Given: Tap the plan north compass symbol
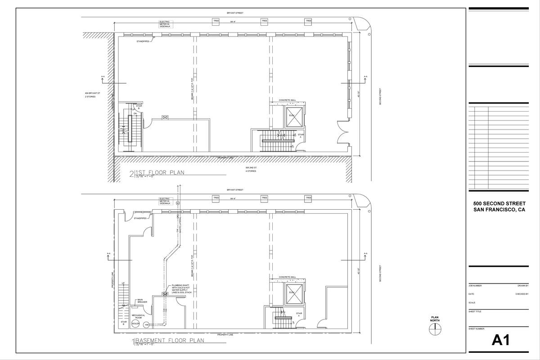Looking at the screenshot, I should point(435,330).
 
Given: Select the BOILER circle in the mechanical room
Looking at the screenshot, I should point(136,324).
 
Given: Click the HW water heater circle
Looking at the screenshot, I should point(147,324).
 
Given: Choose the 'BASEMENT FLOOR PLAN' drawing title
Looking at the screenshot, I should point(169,341).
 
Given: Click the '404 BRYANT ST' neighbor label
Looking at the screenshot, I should point(92,93).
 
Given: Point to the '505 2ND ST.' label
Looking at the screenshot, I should point(251,167).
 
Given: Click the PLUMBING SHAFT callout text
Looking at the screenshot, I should point(181,289).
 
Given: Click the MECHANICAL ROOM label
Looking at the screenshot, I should point(138,316).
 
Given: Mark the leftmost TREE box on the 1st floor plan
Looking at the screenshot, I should point(216,21).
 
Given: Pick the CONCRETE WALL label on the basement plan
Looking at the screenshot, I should point(287,277).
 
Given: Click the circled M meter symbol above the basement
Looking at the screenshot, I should point(178,203).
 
